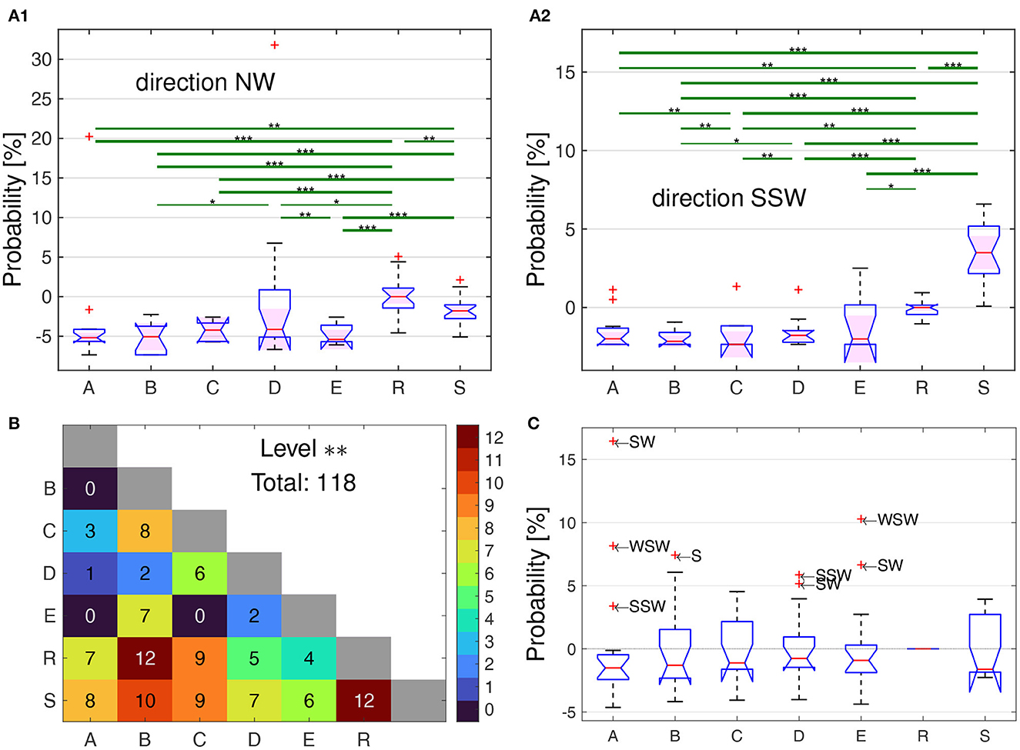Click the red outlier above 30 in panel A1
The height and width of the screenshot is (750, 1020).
click(x=275, y=45)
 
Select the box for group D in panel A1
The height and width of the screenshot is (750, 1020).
click(x=275, y=319)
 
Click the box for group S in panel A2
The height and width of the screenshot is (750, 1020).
click(x=984, y=249)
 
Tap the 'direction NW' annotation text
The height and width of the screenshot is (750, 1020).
click(x=206, y=82)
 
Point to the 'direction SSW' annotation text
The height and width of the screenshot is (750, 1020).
click(x=728, y=198)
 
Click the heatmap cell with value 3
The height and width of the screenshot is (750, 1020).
click(x=90, y=531)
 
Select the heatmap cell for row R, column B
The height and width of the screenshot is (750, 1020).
click(x=145, y=658)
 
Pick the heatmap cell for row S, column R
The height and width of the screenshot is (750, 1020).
click(x=364, y=701)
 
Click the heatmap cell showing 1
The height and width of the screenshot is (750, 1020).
click(x=90, y=573)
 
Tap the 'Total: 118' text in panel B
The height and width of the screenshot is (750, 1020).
click(x=304, y=482)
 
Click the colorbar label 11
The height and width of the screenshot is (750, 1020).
click(x=494, y=460)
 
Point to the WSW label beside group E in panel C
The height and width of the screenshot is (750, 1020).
click(x=898, y=520)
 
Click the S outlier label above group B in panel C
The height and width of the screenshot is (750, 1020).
click(x=696, y=555)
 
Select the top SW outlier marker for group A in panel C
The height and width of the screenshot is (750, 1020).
click(x=613, y=442)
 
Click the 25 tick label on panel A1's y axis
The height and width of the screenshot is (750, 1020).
click(x=42, y=99)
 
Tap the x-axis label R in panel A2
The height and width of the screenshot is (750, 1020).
click(x=921, y=388)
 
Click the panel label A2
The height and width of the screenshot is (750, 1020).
click(x=540, y=16)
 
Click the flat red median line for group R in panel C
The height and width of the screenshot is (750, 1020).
click(x=922, y=648)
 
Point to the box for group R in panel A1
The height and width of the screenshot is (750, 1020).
click(x=399, y=298)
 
